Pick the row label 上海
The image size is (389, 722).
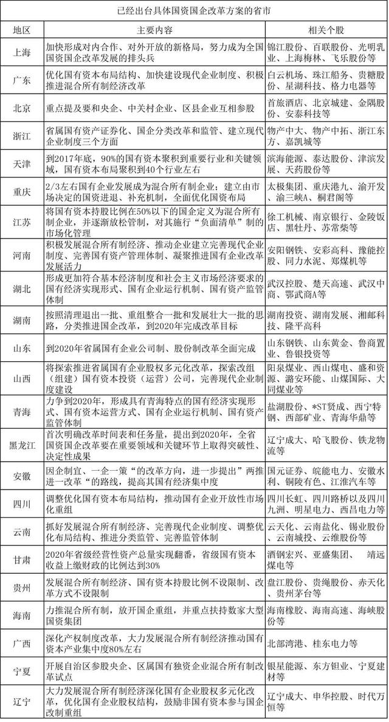(x=22, y=52)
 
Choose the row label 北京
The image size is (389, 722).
(x=22, y=106)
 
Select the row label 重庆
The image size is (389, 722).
(x=22, y=190)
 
